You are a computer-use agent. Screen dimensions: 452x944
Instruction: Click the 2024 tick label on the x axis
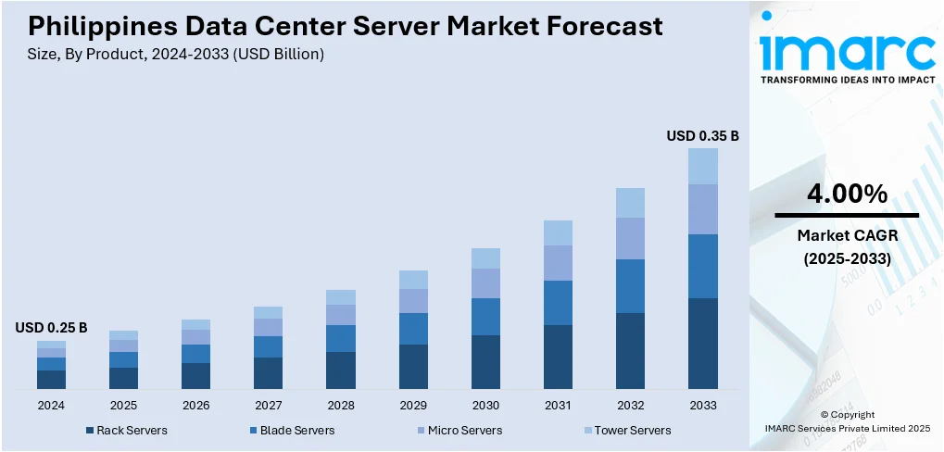[51, 406]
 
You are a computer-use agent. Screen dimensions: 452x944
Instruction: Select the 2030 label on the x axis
[485, 406]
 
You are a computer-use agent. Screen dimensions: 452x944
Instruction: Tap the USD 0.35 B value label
[702, 136]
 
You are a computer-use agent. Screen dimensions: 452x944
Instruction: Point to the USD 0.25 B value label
[51, 328]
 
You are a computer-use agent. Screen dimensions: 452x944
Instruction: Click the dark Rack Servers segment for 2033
[703, 343]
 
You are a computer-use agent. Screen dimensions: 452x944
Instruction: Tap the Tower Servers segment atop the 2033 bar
[703, 167]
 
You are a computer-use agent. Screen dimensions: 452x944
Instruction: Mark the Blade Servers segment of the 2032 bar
[630, 286]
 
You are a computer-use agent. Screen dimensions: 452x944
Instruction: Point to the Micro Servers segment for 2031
[558, 263]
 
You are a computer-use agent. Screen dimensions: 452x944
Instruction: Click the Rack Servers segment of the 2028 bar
[341, 370]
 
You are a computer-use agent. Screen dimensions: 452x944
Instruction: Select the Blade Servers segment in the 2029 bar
[413, 329]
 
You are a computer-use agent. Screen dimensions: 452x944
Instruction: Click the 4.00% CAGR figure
[847, 194]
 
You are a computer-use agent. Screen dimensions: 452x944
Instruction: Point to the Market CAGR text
[847, 236]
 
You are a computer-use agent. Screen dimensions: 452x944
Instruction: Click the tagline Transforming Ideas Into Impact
[847, 81]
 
